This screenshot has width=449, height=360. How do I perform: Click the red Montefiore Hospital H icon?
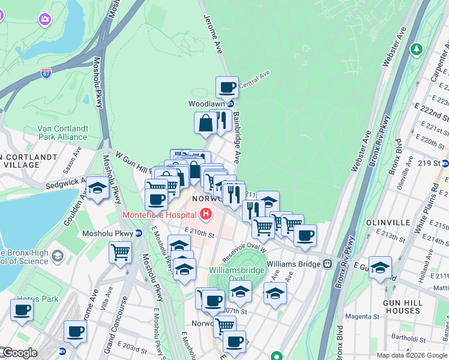pyautogui.click(x=206, y=214)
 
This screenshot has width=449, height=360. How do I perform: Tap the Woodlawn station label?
pyautogui.click(x=206, y=104)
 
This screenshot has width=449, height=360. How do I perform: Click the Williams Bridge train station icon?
pyautogui.click(x=328, y=263)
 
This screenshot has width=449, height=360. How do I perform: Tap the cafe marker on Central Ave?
pyautogui.click(x=227, y=88)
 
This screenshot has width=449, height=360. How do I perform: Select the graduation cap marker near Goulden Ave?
pyautogui.click(x=97, y=188)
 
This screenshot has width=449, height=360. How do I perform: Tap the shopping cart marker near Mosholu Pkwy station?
pyautogui.click(x=120, y=251)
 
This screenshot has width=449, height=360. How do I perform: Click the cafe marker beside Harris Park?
pyautogui.click(x=22, y=310)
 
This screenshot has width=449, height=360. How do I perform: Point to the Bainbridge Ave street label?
pyautogui.click(x=237, y=137)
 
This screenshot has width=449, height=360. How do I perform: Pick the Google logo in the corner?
pyautogui.click(x=19, y=353)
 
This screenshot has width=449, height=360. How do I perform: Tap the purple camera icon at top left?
pyautogui.click(x=44, y=20)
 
